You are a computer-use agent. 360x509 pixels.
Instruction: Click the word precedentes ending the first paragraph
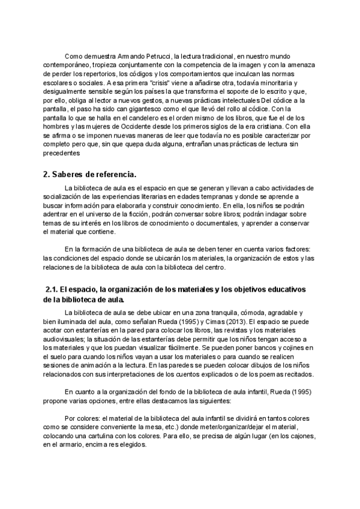coord(61,154)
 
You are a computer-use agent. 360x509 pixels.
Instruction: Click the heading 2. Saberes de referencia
coord(90,175)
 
